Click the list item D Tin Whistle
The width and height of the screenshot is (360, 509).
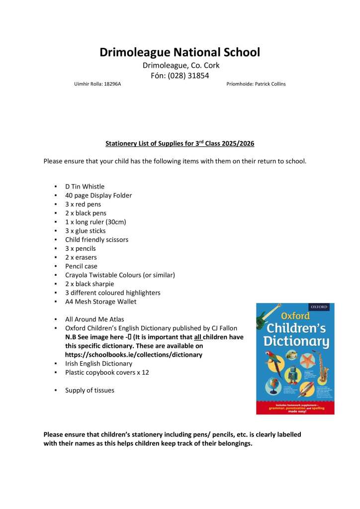pyautogui.click(x=85, y=187)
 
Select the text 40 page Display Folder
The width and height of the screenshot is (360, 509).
pyautogui.click(x=98, y=196)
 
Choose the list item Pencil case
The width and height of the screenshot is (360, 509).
pyautogui.click(x=81, y=266)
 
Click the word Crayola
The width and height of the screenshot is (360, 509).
pyautogui.click(x=77, y=275)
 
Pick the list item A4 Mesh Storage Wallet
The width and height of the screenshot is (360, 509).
pyautogui.click(x=101, y=302)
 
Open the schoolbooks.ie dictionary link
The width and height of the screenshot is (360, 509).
pyautogui.click(x=134, y=355)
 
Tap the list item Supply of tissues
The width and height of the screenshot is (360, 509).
pyautogui.click(x=90, y=390)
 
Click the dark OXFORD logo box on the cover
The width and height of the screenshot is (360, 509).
pyautogui.click(x=319, y=307)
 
